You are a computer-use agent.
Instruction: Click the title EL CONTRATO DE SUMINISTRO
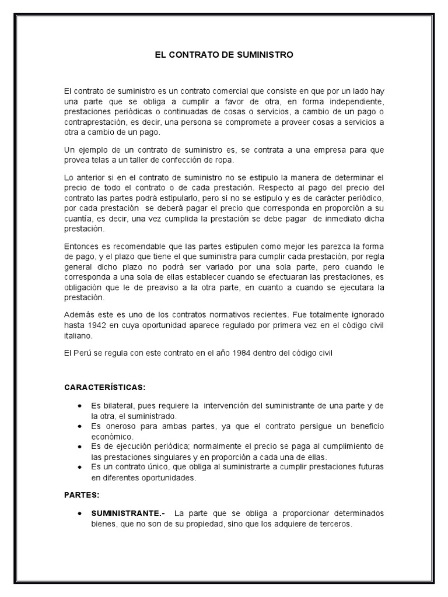(223, 55)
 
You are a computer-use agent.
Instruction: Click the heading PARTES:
(82, 495)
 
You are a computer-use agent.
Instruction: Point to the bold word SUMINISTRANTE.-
(128, 513)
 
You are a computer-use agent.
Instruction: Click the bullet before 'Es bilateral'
(79, 406)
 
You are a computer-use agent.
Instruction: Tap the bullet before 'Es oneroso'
(79, 426)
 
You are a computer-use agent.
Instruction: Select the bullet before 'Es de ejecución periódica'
(79, 447)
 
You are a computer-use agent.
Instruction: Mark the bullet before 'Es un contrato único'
(79, 468)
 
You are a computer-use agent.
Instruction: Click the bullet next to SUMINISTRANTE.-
(79, 513)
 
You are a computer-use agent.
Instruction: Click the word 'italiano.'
(78, 336)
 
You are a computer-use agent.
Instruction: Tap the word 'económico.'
(112, 436)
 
